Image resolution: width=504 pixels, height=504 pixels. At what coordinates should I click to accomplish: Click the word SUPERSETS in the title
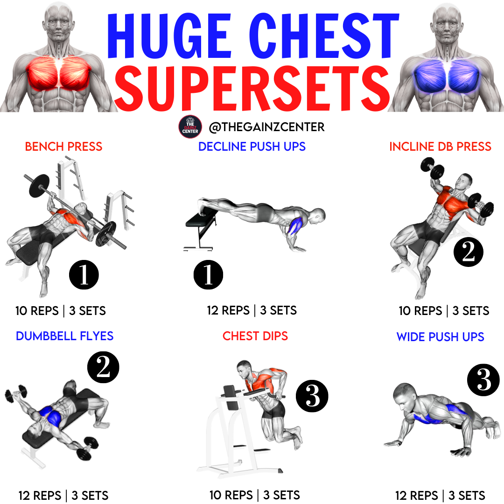pyautogui.click(x=252, y=88)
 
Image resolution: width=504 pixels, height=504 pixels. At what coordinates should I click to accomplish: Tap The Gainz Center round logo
pyautogui.click(x=190, y=127)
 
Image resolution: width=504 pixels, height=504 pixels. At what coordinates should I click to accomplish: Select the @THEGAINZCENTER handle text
pyautogui.click(x=267, y=127)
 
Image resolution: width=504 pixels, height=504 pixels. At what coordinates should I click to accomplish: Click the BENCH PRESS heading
pyautogui.click(x=63, y=147)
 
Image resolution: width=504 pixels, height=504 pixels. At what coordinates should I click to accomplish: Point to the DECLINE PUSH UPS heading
pyautogui.click(x=252, y=147)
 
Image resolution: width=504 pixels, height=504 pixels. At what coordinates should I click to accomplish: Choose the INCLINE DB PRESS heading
pyautogui.click(x=440, y=147)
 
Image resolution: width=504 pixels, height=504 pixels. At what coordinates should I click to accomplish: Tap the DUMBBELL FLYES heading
pyautogui.click(x=64, y=336)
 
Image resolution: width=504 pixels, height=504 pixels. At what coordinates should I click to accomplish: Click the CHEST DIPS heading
pyautogui.click(x=255, y=336)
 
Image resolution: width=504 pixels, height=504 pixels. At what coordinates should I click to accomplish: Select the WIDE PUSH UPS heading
pyautogui.click(x=441, y=337)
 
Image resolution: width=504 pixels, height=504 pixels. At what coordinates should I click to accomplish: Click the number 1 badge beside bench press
pyautogui.click(x=84, y=275)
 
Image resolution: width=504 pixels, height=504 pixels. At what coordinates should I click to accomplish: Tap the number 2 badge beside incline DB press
pyautogui.click(x=469, y=252)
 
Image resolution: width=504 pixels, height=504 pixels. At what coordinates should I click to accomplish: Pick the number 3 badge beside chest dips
pyautogui.click(x=312, y=396)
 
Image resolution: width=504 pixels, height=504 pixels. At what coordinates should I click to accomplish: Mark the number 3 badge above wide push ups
pyautogui.click(x=483, y=380)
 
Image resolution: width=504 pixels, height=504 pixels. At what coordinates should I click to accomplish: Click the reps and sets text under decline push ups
pyautogui.click(x=252, y=310)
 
